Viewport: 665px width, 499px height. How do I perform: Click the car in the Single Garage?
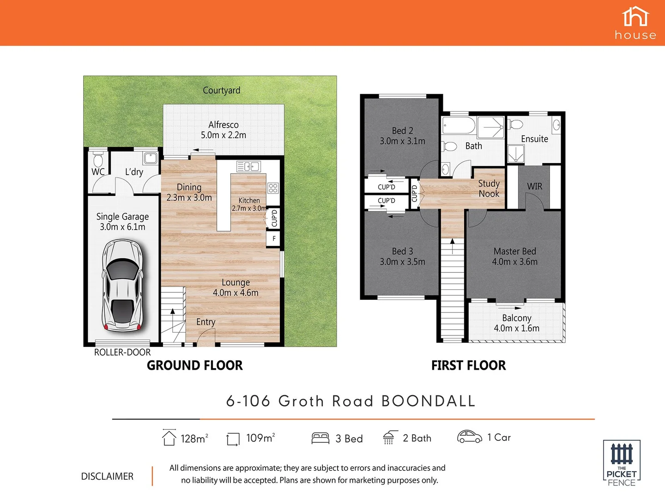(123, 286)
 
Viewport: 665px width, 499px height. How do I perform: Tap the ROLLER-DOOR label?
(122, 353)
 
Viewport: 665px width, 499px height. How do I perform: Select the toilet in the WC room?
(98, 160)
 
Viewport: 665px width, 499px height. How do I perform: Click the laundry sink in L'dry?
(151, 158)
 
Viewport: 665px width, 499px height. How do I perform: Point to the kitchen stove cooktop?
(273, 188)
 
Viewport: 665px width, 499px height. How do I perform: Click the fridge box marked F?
(274, 238)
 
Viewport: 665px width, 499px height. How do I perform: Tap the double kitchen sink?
(248, 166)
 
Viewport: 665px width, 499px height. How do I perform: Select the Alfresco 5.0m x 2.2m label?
(224, 130)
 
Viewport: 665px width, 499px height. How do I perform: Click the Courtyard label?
(222, 91)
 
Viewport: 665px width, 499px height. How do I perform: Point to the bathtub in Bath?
(459, 126)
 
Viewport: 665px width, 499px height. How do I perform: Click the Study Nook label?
(489, 189)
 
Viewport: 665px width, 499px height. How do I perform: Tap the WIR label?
(534, 186)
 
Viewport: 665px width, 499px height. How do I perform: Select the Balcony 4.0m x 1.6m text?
(516, 323)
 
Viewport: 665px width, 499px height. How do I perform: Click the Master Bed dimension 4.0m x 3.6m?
(514, 262)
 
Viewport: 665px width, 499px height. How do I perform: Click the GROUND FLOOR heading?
(194, 365)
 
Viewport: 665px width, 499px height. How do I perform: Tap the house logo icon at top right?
(635, 17)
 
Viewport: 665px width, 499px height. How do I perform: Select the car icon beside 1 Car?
(469, 437)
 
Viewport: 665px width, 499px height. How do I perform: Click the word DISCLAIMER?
(107, 476)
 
